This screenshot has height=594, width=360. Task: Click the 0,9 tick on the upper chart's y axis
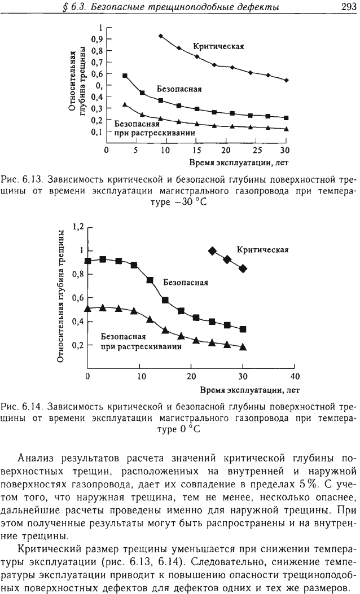click(x=98, y=39)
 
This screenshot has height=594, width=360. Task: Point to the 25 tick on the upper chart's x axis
click(x=257, y=150)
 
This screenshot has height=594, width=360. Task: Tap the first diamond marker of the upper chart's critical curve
click(x=161, y=36)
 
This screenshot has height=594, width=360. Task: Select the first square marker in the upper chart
click(x=125, y=76)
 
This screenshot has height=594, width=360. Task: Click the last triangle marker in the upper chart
click(x=287, y=129)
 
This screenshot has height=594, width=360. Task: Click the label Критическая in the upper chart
click(x=219, y=47)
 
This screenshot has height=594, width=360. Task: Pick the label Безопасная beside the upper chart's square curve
click(x=179, y=89)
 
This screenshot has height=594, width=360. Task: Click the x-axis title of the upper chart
click(x=239, y=163)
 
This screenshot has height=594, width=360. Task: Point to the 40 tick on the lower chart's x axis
click(x=295, y=376)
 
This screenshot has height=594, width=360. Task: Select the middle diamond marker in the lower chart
click(x=227, y=259)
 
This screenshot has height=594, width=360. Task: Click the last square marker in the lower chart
click(x=243, y=329)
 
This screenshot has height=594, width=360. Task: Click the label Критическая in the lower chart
click(x=262, y=250)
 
